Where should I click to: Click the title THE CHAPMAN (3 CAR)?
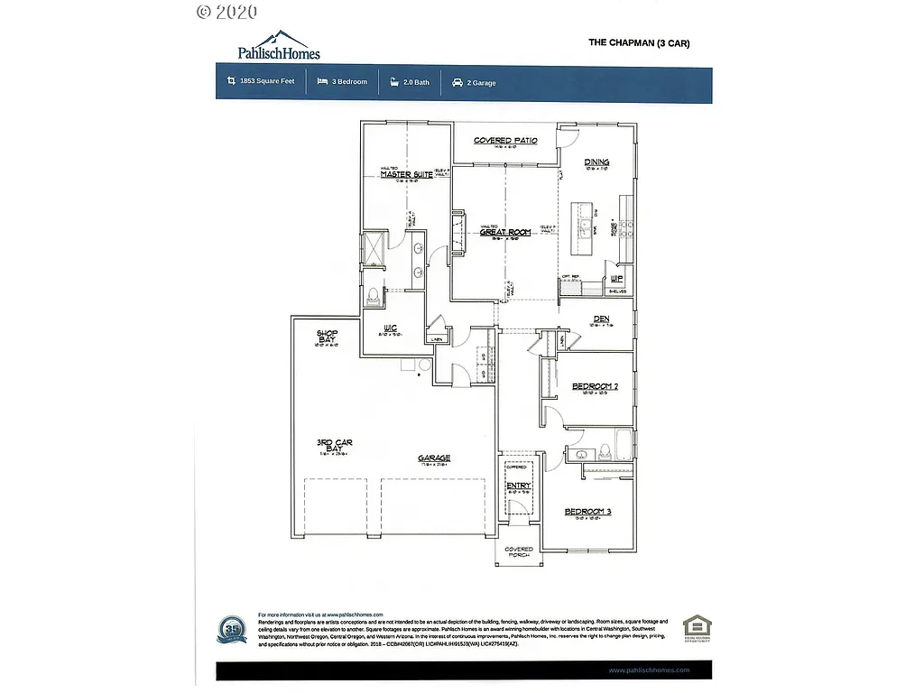click(x=639, y=42)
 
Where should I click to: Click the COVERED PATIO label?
click(x=505, y=141)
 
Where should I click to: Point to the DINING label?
click(x=596, y=162)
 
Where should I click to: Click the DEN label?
click(x=602, y=319)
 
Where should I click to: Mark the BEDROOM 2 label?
click(x=595, y=386)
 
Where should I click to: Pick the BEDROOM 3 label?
click(x=587, y=512)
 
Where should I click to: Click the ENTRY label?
click(x=518, y=486)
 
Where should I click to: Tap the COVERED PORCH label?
click(x=519, y=551)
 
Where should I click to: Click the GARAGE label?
click(x=433, y=457)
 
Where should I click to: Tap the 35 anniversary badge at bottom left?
click(x=232, y=628)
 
